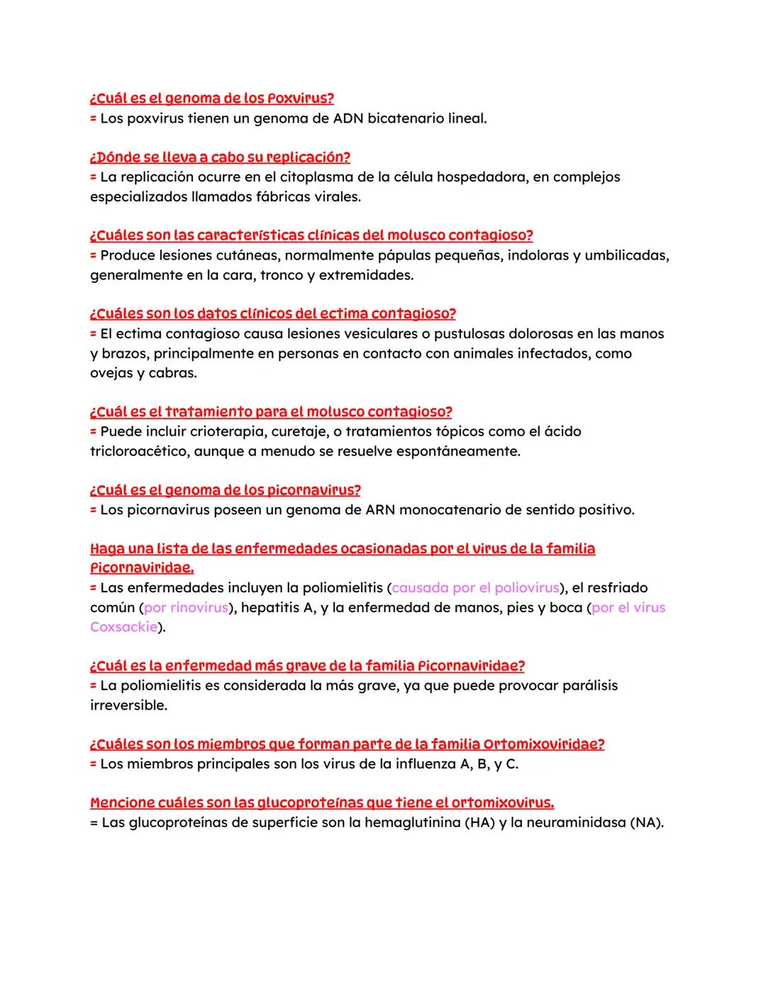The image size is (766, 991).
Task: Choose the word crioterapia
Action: (216, 431)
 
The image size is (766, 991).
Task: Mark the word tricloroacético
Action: (139, 451)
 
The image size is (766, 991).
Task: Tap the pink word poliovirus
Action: (526, 588)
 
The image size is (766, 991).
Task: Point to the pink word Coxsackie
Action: (123, 627)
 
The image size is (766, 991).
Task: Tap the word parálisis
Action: (589, 686)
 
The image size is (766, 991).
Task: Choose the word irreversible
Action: (128, 706)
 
